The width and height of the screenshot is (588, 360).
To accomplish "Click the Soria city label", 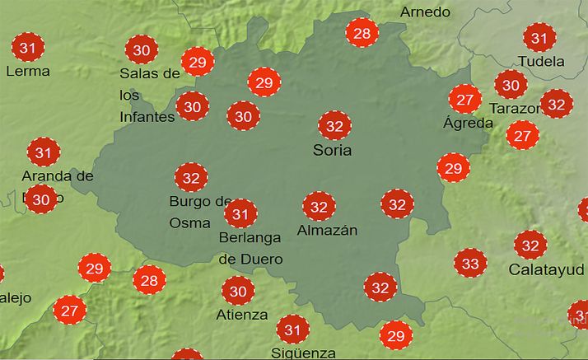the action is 332,150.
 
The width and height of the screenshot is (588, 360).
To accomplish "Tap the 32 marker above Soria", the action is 334,126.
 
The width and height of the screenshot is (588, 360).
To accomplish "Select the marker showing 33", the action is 470,264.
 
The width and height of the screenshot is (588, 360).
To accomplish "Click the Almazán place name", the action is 327,230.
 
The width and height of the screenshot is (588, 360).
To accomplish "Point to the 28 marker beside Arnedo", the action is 362,34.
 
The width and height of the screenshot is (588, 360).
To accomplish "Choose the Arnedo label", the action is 425,12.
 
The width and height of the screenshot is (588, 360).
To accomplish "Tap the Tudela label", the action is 541,61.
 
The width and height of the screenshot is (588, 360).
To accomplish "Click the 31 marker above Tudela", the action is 539,38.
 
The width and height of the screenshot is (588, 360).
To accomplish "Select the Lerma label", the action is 27,71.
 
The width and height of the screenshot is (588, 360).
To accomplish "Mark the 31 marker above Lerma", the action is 27,48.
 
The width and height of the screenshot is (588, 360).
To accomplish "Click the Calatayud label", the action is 547,269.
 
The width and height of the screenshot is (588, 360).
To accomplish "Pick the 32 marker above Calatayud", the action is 530,245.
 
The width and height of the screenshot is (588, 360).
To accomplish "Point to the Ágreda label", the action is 468,124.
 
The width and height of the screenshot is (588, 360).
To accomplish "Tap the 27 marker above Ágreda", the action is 465,100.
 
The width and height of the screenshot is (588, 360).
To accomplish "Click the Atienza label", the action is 242,314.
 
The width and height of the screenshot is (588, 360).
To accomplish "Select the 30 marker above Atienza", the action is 238,291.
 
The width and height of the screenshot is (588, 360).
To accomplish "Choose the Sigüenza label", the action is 303,353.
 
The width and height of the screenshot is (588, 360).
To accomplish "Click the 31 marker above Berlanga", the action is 240,214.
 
